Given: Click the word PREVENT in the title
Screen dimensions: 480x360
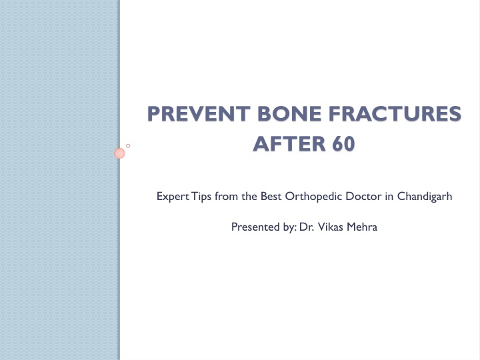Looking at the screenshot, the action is tap(199, 113).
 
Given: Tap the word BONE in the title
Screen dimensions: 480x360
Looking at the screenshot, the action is tap(289, 113).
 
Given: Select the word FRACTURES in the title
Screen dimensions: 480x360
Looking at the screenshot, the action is tap(395, 113).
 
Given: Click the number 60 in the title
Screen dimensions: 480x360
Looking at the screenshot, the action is tap(343, 144).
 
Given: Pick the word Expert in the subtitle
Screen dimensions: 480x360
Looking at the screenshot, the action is tap(173, 197).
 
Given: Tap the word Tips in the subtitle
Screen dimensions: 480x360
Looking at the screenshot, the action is tap(201, 197).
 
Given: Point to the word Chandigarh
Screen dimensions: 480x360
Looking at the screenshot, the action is tap(425, 197).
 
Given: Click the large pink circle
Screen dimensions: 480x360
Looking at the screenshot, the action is tap(119, 153).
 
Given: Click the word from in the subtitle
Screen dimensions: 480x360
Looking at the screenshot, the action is tap(227, 196).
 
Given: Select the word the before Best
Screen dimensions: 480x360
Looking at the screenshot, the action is tap(249, 196).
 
